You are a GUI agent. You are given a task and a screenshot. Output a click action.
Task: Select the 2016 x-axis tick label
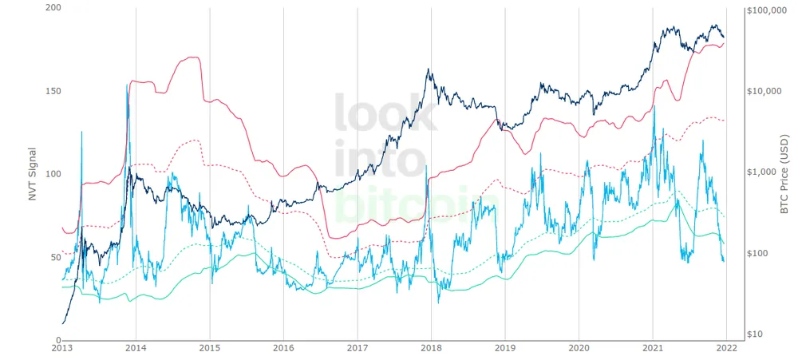coord(283,349)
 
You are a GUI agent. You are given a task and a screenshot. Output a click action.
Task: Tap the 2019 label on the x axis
coord(505,349)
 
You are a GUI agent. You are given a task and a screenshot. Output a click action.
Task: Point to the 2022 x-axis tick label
coord(727,349)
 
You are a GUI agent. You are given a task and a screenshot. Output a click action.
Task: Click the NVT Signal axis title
coord(33,173)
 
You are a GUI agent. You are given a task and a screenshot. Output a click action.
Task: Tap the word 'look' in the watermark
coord(385,113)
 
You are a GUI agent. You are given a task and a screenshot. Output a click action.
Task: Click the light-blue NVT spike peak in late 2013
coord(127,85)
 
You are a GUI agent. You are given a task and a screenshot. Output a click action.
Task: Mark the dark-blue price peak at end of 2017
coord(429,69)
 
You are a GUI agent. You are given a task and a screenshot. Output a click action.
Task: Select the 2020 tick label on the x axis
coord(579,349)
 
